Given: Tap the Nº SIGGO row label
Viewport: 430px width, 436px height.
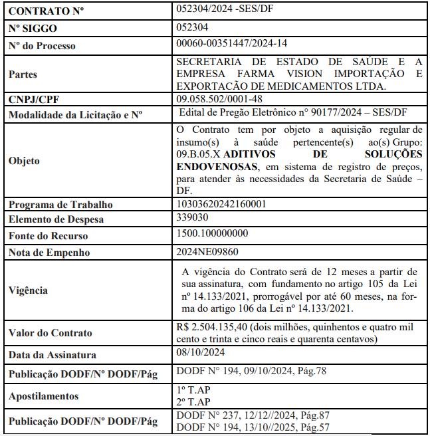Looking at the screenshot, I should tap(33, 29).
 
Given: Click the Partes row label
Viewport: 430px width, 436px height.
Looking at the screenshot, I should tap(23, 74).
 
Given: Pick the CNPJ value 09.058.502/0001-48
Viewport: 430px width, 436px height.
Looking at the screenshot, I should tap(219, 98).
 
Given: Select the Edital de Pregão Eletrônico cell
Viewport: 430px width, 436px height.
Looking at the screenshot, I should tap(293, 112).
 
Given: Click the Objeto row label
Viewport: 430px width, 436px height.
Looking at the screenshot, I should tap(24, 161).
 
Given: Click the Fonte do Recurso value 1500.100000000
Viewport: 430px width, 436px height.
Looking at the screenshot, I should tap(213, 233).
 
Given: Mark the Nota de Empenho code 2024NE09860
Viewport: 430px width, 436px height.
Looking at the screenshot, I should tap(207, 251).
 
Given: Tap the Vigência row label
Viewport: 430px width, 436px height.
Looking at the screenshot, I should tap(28, 290).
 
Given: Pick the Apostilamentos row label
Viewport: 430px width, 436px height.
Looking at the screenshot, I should tap(43, 396).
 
